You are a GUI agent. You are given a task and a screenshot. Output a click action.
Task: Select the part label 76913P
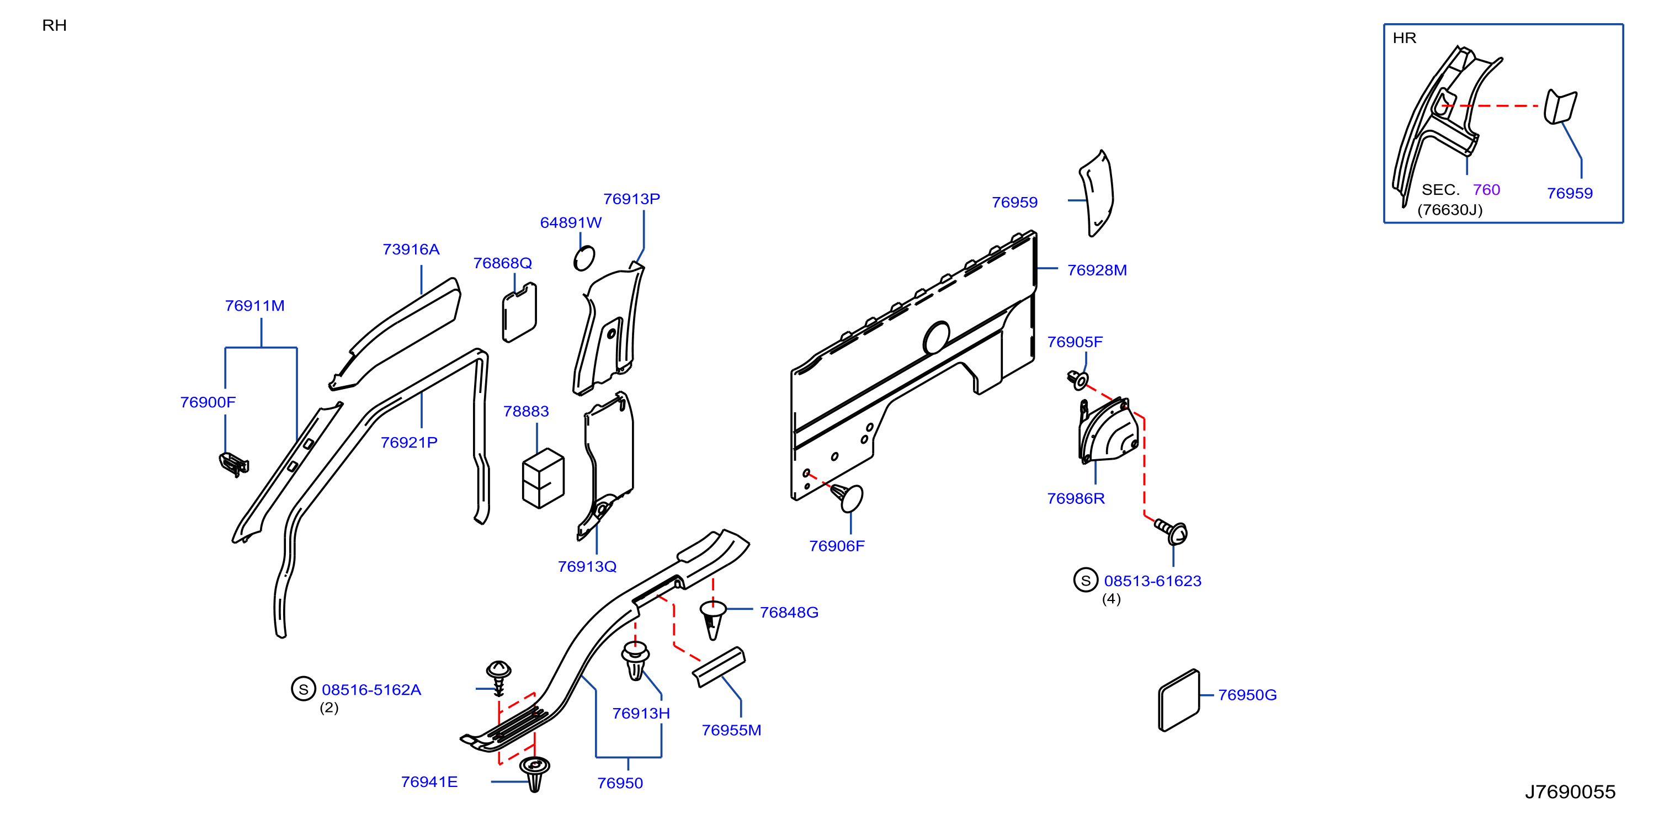[631, 199]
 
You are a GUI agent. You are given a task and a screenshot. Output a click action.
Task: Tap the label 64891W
[571, 222]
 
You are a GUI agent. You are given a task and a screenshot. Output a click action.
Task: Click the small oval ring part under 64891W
[584, 258]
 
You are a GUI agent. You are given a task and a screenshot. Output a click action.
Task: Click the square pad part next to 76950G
[1178, 700]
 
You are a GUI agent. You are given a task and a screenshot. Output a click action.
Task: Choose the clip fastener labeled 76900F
[233, 464]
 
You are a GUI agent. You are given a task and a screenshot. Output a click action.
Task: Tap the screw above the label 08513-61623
[1171, 531]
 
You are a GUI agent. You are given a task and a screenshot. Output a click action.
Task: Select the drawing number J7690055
[1570, 791]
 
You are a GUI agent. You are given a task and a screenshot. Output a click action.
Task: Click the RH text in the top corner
[54, 25]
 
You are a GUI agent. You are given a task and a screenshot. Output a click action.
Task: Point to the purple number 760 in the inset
[1486, 190]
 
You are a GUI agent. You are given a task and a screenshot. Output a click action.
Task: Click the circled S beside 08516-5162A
[303, 689]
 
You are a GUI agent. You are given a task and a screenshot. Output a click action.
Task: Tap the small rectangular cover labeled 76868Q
[519, 312]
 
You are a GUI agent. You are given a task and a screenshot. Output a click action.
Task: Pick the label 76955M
[731, 730]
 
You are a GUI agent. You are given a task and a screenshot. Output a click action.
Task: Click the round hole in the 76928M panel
[937, 337]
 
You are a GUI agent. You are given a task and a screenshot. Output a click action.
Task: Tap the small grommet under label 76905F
[1077, 380]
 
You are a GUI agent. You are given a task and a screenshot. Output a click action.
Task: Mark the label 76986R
[1076, 499]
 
